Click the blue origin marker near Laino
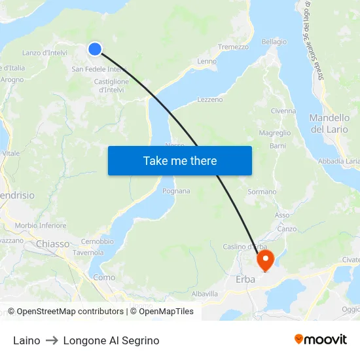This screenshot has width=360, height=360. point(95,48)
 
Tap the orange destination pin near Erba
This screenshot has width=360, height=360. point(265,261)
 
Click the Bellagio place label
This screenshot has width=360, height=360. point(274,42)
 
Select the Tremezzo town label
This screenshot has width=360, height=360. point(233,47)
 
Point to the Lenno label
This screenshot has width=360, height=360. point(206,62)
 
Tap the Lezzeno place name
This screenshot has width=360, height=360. point(209,99)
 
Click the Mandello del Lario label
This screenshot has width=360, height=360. point(329,123)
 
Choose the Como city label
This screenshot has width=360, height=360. point(104,278)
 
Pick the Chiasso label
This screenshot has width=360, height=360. point(53,243)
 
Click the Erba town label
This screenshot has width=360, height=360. point(245,280)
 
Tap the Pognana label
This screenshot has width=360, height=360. point(176,191)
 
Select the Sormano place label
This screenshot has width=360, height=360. point(262,192)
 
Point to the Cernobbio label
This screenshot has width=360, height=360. point(97,241)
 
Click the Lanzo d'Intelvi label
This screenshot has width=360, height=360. point(45,52)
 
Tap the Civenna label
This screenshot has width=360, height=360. point(283,111)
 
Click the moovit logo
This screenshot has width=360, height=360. point(320,339)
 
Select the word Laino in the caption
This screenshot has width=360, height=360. point(26,340)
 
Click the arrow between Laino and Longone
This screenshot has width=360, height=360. point(52,340)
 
